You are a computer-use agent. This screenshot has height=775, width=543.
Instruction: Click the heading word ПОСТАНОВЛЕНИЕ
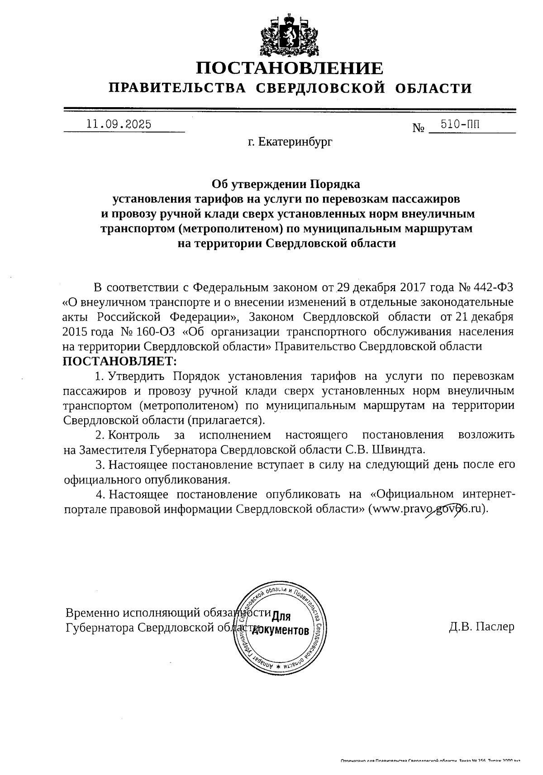290,68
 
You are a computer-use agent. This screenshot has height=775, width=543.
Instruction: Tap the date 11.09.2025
119,124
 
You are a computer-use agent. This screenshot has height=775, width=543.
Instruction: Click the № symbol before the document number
419,128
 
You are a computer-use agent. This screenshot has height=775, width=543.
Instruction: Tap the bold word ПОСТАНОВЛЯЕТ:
120,361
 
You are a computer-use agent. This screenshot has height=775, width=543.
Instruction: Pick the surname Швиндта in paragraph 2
402,449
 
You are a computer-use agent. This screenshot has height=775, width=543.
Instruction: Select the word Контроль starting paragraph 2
134,435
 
